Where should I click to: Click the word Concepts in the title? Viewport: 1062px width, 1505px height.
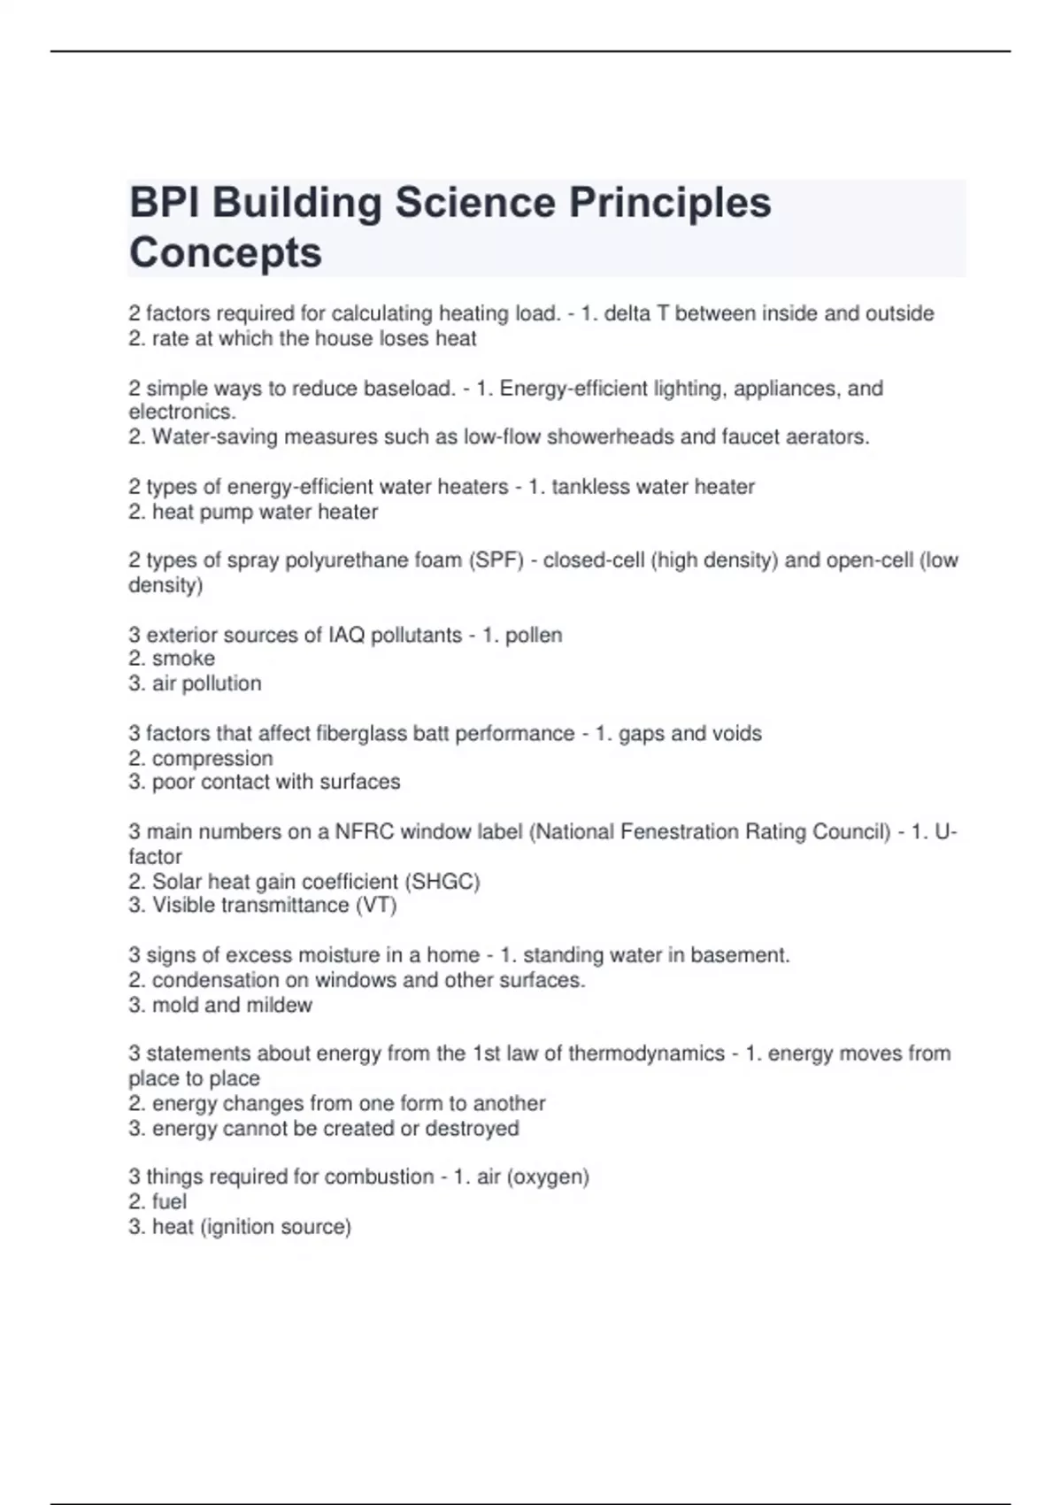tap(225, 252)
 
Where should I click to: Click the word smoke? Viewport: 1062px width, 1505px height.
tap(183, 659)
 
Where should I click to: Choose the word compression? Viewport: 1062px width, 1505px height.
tap(212, 759)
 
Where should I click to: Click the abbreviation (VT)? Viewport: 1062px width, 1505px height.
tap(376, 906)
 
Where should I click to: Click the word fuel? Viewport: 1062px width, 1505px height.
tap(169, 1201)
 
